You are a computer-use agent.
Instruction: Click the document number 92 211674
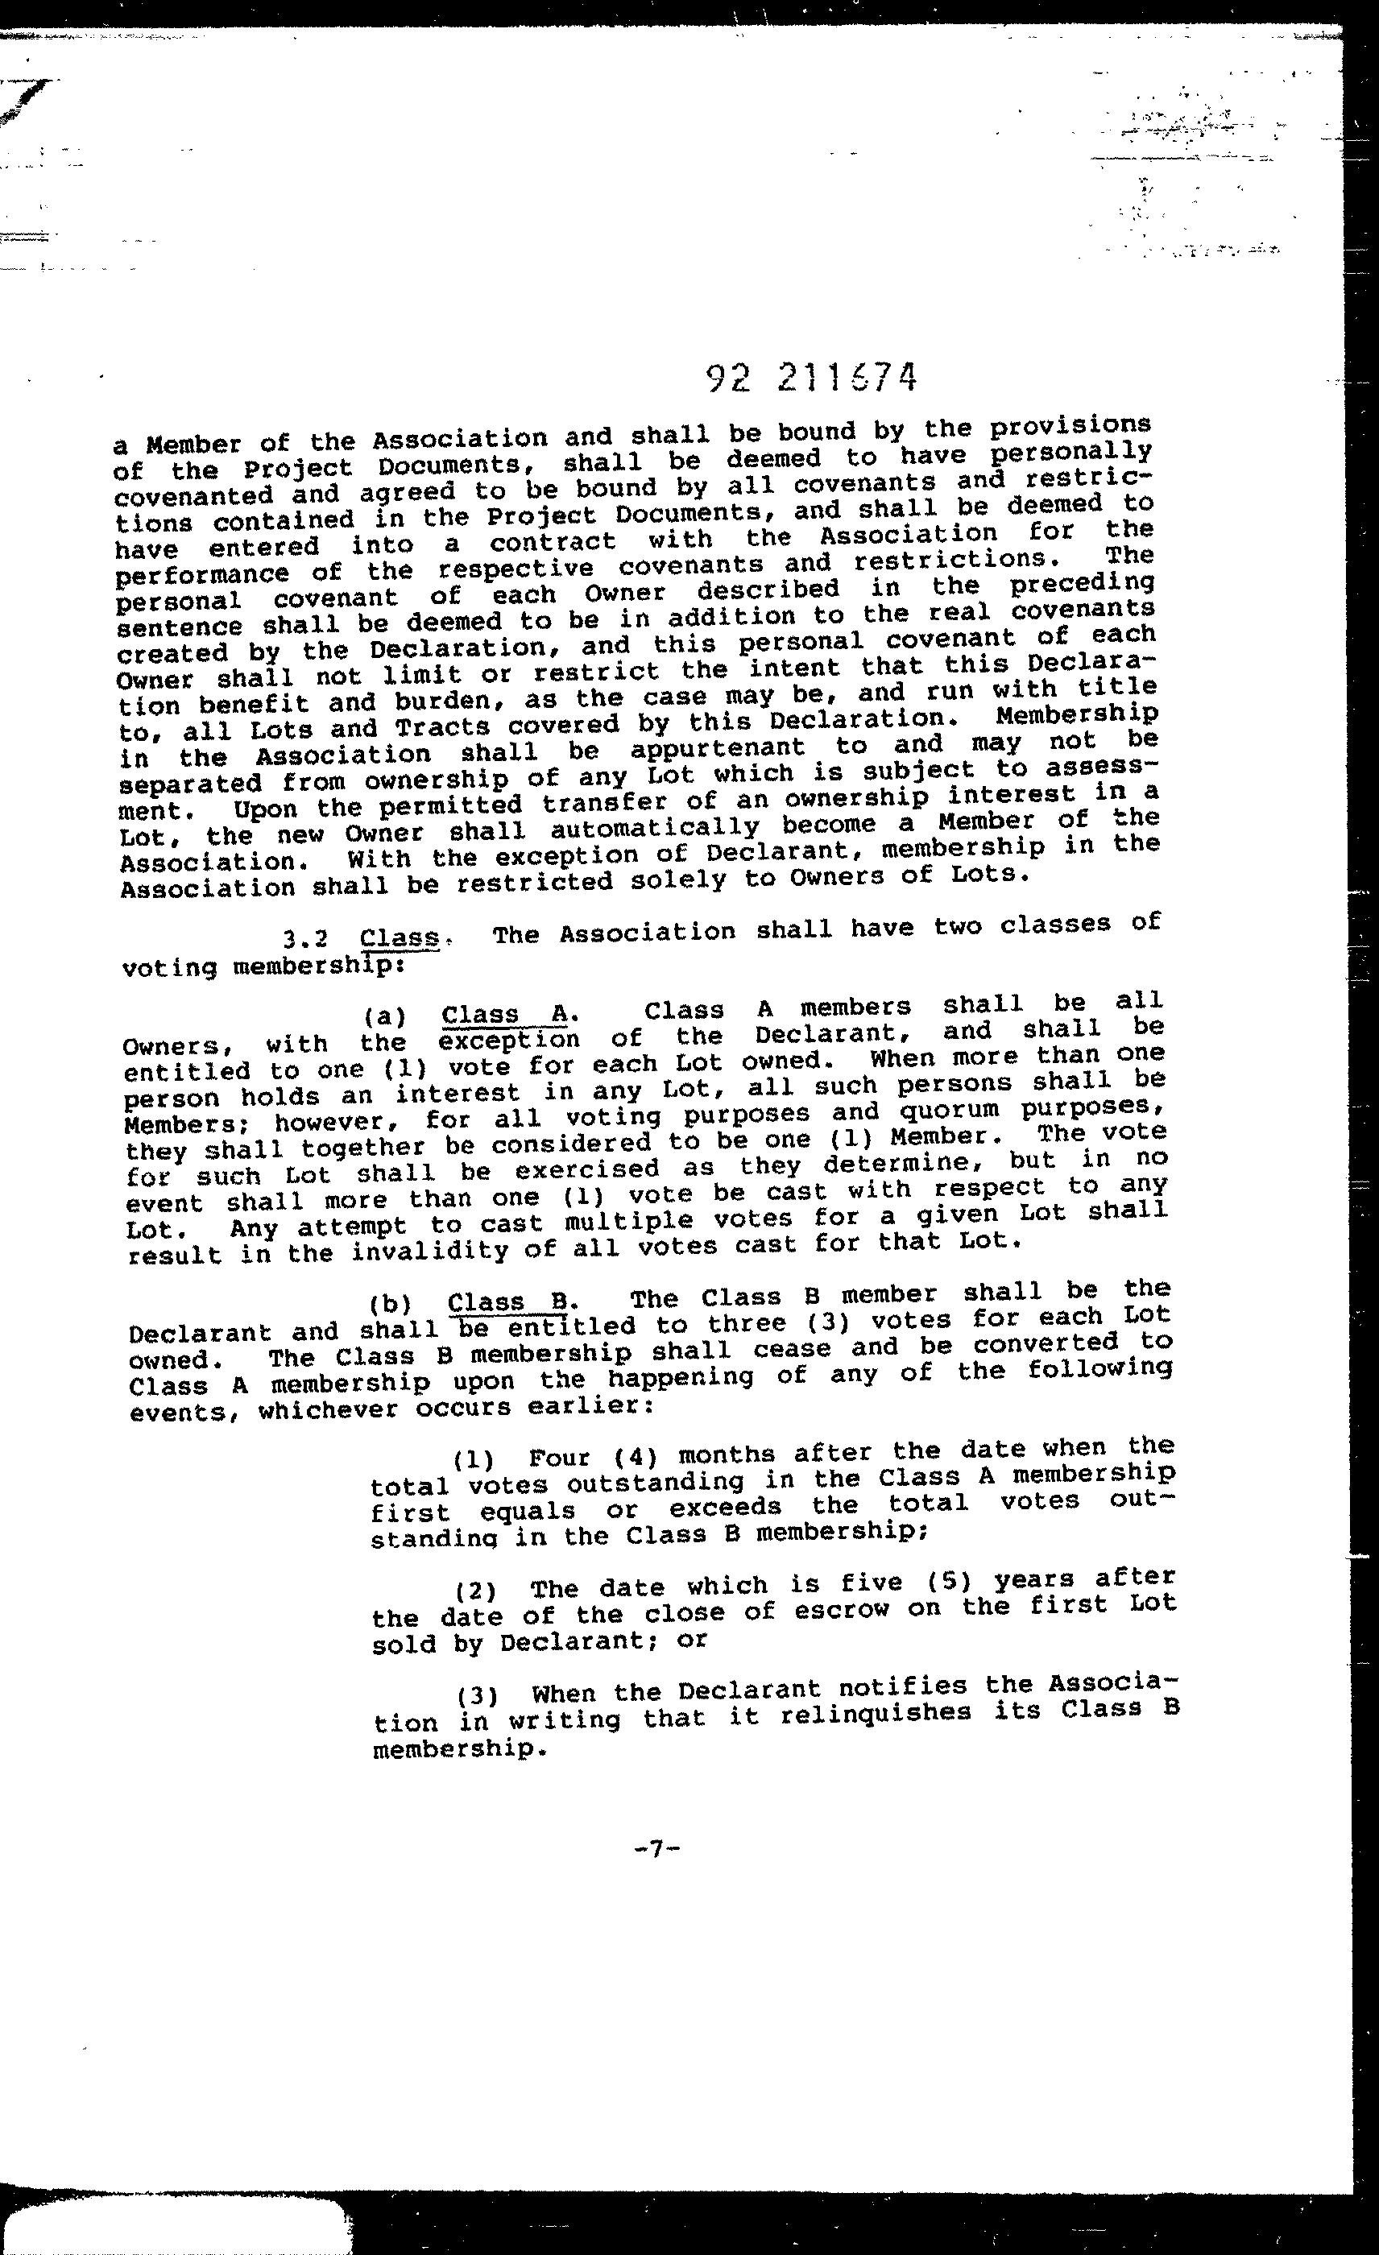tap(811, 377)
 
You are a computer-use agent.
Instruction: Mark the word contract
tap(553, 542)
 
